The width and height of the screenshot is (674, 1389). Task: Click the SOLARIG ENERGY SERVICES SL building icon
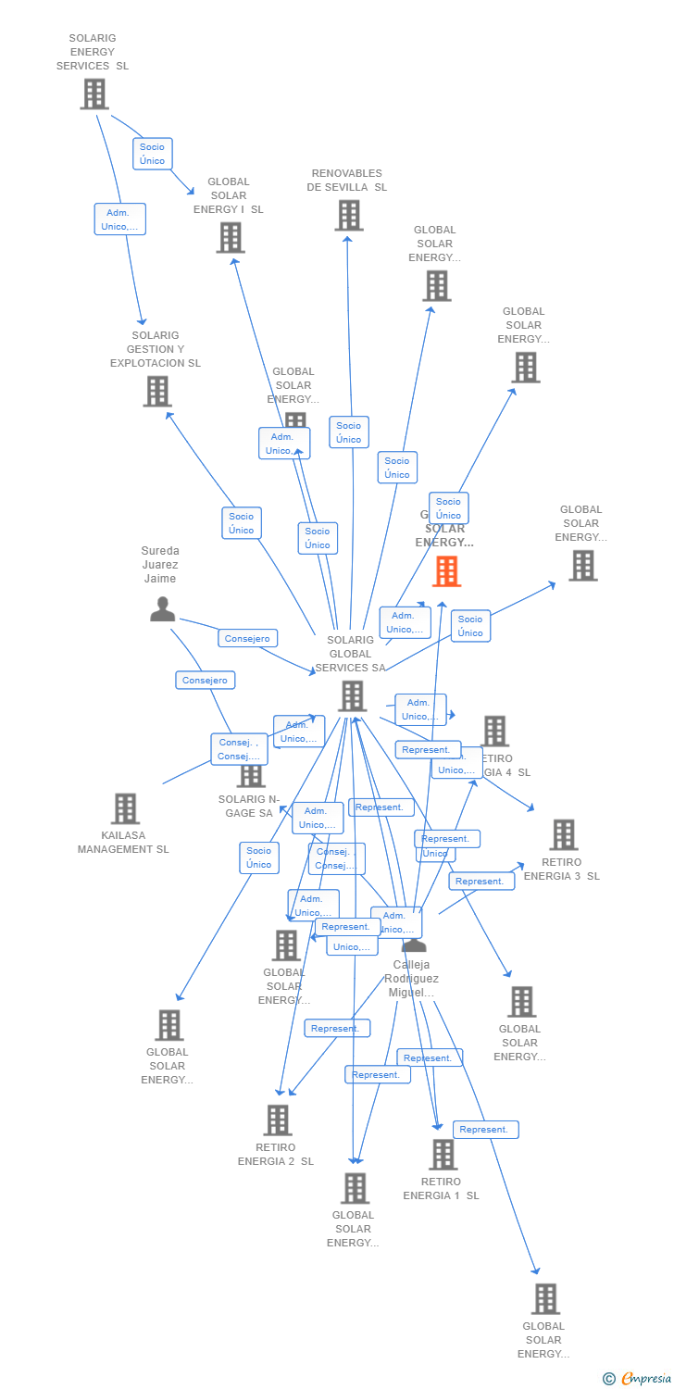pos(94,94)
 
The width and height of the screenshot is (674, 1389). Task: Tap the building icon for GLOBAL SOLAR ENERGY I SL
pos(230,238)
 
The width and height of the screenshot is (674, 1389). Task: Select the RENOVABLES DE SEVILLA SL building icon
pos(348,216)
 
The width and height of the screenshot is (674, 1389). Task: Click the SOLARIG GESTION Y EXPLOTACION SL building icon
pos(157,391)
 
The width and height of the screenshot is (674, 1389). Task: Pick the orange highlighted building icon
pos(446,571)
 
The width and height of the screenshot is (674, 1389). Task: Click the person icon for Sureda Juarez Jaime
pos(162,608)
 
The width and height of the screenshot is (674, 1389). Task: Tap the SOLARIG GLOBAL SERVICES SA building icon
pos(352,696)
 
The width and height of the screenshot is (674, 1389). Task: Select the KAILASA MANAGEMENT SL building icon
pos(125,808)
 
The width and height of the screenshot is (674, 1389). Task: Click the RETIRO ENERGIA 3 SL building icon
pos(563,834)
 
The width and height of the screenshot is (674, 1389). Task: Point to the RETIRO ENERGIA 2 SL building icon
pos(277,1120)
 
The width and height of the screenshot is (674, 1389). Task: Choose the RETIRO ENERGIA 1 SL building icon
pos(443,1155)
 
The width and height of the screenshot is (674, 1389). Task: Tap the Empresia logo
pos(639,1379)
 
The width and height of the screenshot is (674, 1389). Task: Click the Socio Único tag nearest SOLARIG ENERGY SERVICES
pos(153,154)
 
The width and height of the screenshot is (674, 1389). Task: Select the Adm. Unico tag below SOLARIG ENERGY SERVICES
pos(120,219)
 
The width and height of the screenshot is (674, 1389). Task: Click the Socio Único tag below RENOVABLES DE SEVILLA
pos(349,432)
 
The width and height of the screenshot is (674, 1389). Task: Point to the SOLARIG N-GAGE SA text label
pos(248,807)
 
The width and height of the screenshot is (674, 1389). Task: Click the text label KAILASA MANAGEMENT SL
pos(123,843)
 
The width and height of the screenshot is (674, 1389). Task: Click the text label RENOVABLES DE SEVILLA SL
pos(347,180)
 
